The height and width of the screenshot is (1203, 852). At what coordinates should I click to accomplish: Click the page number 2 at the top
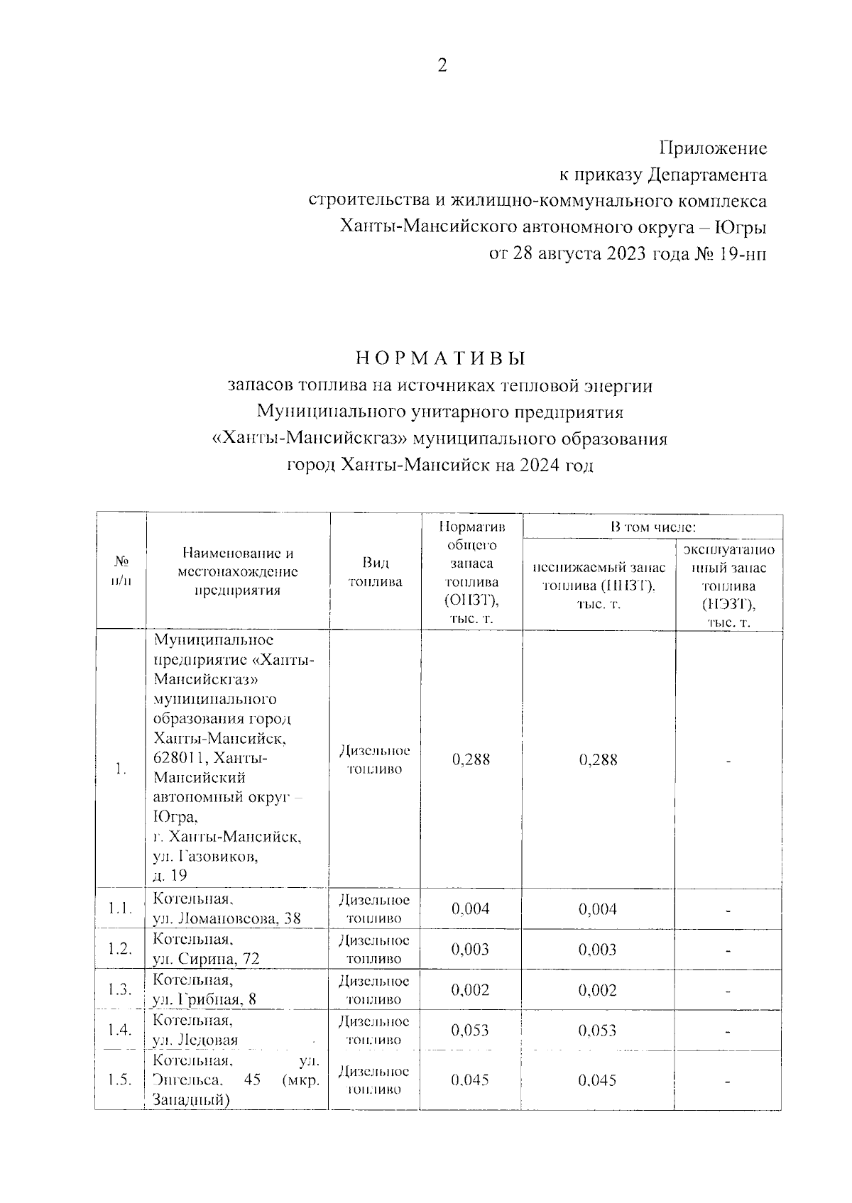point(442,66)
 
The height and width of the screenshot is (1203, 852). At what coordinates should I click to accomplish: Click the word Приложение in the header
point(713,148)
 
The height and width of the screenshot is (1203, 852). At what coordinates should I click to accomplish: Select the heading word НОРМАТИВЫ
point(440,358)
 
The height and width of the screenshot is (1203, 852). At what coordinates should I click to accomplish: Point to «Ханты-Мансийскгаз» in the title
point(310,439)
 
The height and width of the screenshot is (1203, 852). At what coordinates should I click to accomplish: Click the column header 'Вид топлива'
point(375,572)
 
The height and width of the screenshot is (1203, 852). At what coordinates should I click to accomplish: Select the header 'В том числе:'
point(652,527)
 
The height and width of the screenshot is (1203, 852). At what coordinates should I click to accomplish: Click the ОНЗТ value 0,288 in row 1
point(471,759)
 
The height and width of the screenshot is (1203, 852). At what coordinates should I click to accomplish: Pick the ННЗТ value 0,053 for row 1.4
point(597,1031)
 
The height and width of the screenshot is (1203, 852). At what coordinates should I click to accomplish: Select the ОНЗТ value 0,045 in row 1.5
point(471,1080)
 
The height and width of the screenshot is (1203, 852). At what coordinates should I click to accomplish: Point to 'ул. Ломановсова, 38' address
point(226,918)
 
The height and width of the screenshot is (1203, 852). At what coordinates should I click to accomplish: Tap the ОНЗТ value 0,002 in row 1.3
point(471,990)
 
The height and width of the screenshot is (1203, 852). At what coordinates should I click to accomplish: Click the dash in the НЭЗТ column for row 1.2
point(728,951)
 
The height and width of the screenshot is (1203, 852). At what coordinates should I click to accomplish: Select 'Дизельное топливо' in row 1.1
point(375,909)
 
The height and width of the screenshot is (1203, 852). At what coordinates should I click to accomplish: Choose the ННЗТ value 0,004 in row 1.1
point(597,909)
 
